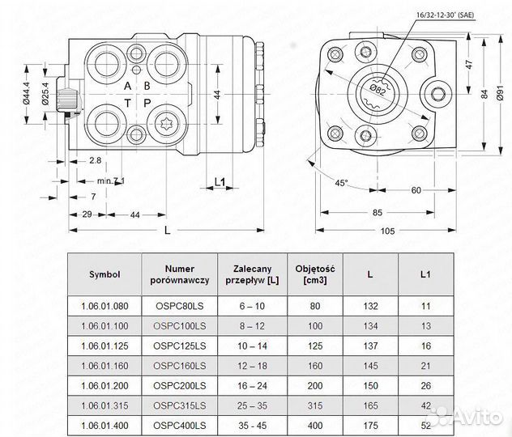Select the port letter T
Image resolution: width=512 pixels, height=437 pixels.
pyautogui.click(x=127, y=104)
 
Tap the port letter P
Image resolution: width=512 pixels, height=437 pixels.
pyautogui.click(x=147, y=104)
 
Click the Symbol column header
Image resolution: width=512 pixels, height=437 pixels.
pyautogui.click(x=105, y=274)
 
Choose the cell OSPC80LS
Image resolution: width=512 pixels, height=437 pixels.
pyautogui.click(x=179, y=308)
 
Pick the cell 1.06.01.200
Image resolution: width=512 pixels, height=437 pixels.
pyautogui.click(x=105, y=385)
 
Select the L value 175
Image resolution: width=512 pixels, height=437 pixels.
pyautogui.click(x=370, y=424)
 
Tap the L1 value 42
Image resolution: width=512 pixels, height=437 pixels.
pyautogui.click(x=425, y=405)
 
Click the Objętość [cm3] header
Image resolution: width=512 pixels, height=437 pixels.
pyautogui.click(x=317, y=274)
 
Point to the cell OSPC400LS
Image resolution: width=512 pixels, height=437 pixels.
pyautogui.click(x=179, y=424)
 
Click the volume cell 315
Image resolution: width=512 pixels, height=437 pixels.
pyautogui.click(x=317, y=405)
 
